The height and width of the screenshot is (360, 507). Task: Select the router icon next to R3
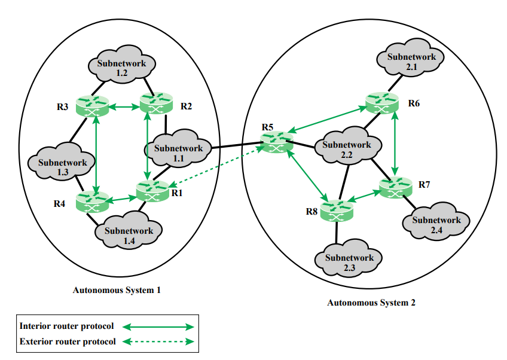coord(93,106)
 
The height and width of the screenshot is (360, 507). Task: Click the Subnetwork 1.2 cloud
coord(121,68)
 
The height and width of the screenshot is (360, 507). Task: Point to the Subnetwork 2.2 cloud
coord(346,150)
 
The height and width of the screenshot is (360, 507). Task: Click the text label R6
coord(414,103)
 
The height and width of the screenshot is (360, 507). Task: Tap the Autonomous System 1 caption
coord(117,290)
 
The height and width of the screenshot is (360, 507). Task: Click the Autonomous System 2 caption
coord(371,303)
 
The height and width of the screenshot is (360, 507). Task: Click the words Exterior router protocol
coord(67,341)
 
